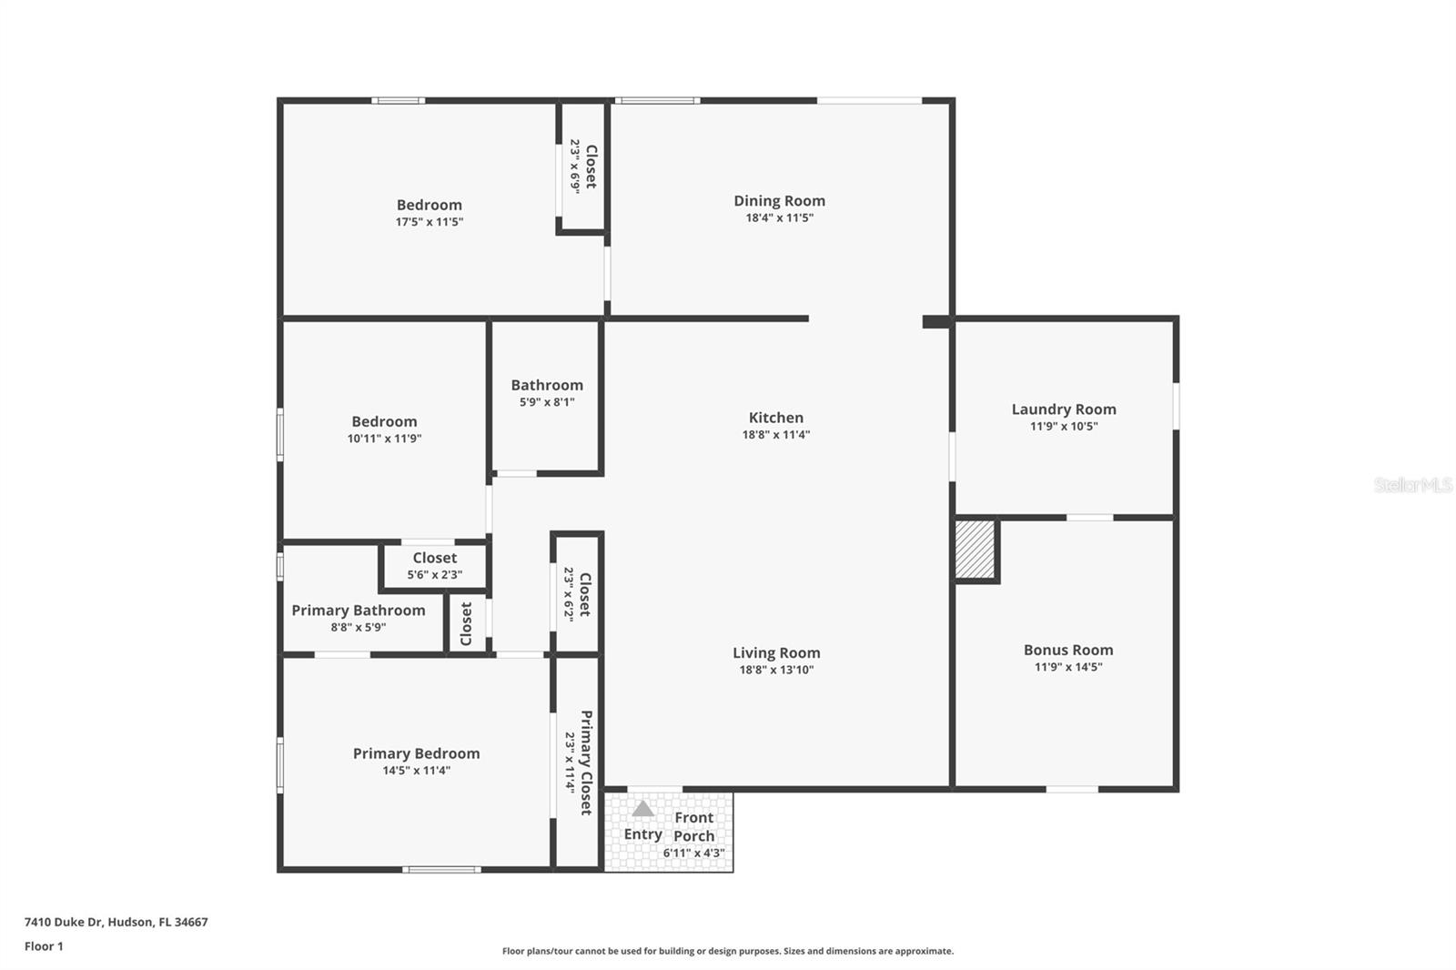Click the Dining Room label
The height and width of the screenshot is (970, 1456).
click(x=779, y=201)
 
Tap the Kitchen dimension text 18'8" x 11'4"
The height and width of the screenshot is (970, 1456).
click(x=775, y=435)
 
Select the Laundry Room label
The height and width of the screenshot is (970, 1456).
click(x=1063, y=409)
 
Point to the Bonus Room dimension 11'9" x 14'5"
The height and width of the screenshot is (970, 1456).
click(x=1067, y=667)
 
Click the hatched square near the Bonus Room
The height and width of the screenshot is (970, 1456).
click(x=975, y=549)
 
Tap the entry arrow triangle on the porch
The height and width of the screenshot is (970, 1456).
click(x=642, y=809)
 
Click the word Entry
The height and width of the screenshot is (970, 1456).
click(x=642, y=834)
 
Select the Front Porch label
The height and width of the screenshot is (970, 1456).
click(x=693, y=826)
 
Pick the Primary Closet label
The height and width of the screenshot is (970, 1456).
click(x=586, y=763)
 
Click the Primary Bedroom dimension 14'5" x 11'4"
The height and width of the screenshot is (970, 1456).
click(x=416, y=771)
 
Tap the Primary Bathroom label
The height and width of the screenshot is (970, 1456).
click(x=358, y=611)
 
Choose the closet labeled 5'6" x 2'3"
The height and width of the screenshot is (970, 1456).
click(x=434, y=566)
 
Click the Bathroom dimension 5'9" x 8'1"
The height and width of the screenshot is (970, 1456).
click(x=546, y=402)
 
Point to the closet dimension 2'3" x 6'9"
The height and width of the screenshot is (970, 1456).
click(x=575, y=166)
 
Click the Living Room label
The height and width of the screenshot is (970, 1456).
click(x=775, y=653)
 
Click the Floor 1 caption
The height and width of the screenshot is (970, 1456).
click(x=44, y=946)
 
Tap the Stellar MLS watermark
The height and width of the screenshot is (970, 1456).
click(x=1412, y=485)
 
